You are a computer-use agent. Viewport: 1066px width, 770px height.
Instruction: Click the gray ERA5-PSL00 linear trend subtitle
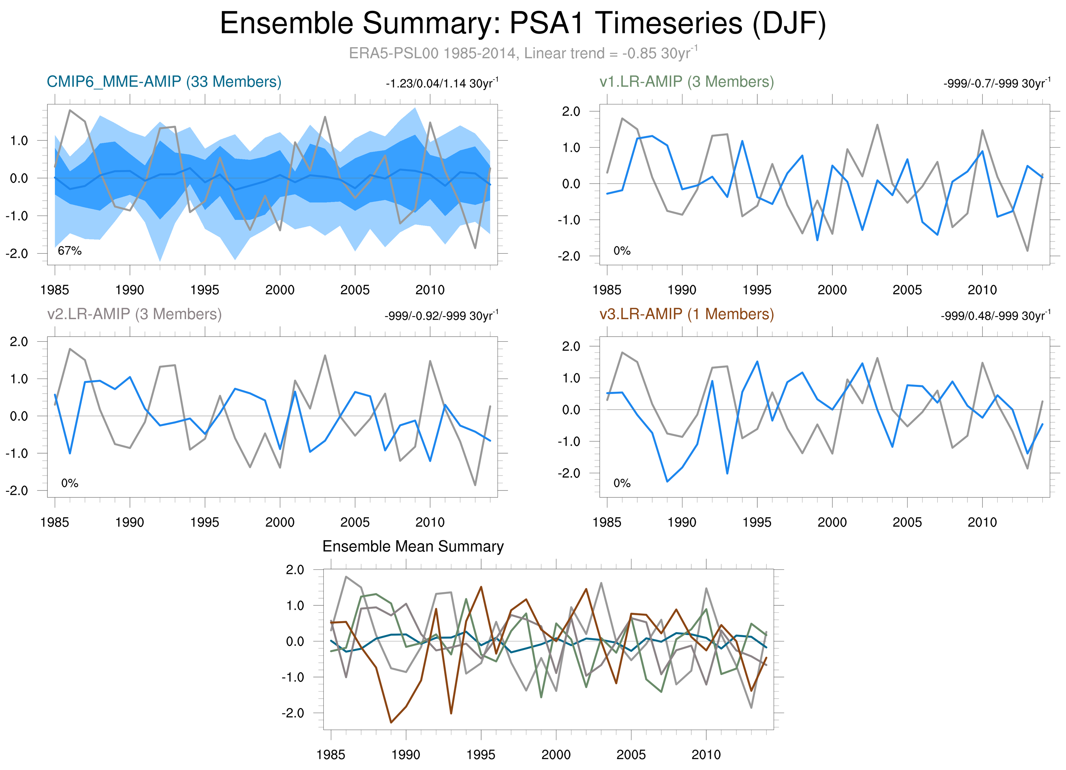click(523, 53)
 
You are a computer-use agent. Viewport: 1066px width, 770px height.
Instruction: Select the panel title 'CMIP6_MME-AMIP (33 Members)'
click(164, 82)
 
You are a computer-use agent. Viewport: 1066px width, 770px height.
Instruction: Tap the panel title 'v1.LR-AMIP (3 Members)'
click(686, 82)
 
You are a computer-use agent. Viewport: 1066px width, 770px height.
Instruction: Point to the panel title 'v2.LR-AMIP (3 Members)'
click(135, 314)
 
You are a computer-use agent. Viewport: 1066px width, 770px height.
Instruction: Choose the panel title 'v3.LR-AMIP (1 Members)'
click(686, 314)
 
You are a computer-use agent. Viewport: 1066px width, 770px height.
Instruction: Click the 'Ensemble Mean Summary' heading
click(413, 546)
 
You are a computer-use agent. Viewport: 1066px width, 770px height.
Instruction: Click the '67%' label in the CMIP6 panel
click(70, 251)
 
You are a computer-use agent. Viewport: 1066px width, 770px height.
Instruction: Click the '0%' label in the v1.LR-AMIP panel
click(622, 251)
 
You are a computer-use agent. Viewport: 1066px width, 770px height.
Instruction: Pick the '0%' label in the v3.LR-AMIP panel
click(622, 483)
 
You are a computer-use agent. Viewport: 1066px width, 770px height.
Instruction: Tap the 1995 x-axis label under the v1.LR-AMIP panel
click(757, 290)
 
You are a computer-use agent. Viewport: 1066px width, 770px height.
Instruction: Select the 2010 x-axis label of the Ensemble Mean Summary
click(706, 755)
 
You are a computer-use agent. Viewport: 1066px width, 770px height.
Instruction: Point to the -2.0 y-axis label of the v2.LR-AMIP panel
click(17, 491)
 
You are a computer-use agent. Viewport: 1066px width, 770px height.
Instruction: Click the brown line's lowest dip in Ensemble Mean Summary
click(391, 723)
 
